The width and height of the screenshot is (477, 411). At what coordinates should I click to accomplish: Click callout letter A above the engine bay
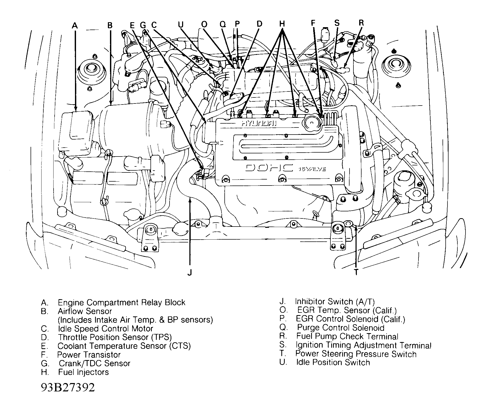[x=75, y=25]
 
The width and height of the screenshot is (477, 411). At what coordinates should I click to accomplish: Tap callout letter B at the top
[x=110, y=25]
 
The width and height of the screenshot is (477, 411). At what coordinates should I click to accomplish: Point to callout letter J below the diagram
[x=190, y=273]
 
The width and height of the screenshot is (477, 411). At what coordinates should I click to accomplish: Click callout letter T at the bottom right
[x=356, y=272]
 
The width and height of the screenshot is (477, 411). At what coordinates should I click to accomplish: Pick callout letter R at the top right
[x=361, y=23]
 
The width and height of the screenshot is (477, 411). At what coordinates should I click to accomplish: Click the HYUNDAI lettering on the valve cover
[x=259, y=124]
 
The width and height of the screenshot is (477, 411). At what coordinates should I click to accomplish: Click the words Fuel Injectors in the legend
[x=83, y=372]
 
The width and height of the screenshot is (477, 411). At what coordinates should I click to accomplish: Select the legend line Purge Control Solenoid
[x=341, y=328]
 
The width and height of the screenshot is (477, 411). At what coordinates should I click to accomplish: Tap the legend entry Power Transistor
[x=89, y=355]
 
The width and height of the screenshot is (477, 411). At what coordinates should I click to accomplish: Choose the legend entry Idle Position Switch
[x=333, y=362]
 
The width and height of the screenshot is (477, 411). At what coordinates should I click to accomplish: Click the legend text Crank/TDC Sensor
[x=94, y=363]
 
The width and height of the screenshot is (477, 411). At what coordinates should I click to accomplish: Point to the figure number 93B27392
[x=68, y=388]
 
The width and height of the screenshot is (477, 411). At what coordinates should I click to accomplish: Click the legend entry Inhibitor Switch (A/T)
[x=335, y=302]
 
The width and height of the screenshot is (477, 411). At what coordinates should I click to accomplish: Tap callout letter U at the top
[x=181, y=25]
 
